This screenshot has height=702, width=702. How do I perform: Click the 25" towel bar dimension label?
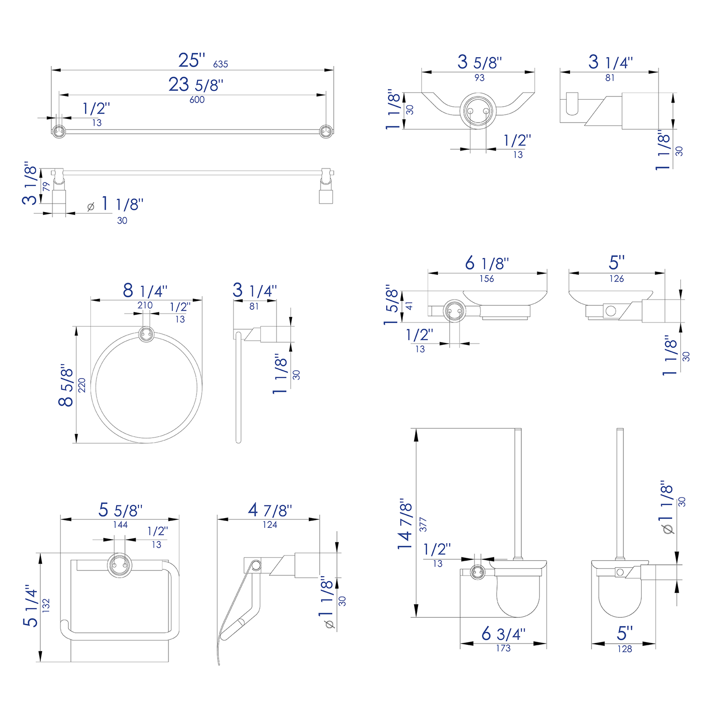pyautogui.click(x=191, y=60)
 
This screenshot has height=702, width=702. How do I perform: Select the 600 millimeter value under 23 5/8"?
pyautogui.click(x=197, y=100)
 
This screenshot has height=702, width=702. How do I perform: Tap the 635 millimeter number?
pyautogui.click(x=220, y=64)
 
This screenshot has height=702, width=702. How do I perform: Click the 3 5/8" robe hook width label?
pyautogui.click(x=479, y=62)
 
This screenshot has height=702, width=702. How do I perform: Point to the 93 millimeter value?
pyautogui.click(x=479, y=78)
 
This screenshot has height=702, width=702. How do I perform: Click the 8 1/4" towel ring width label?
pyautogui.click(x=145, y=291)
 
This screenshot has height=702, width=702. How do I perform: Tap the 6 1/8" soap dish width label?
pyautogui.click(x=487, y=263)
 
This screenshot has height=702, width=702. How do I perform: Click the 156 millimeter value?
pyautogui.click(x=487, y=279)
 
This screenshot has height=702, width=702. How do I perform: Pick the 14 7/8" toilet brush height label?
pyautogui.click(x=405, y=524)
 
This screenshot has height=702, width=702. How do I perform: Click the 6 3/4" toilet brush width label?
pyautogui.click(x=503, y=634)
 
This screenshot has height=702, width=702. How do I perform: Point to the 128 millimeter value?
pyautogui.click(x=624, y=649)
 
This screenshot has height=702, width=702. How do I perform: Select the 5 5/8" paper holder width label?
pyautogui.click(x=120, y=510)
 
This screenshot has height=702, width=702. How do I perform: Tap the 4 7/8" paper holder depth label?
pyautogui.click(x=270, y=510)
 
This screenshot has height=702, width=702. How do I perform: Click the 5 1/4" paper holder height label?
pyautogui.click(x=31, y=606)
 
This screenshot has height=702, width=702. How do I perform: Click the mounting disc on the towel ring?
pyautogui.click(x=146, y=334)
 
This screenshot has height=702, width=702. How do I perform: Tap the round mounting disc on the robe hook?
pyautogui.click(x=477, y=111)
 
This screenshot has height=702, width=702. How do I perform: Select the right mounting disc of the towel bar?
pyautogui.click(x=326, y=132)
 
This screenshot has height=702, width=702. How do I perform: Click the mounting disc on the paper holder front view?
pyautogui.click(x=119, y=565)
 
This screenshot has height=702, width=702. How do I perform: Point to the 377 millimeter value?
pyautogui.click(x=423, y=524)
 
